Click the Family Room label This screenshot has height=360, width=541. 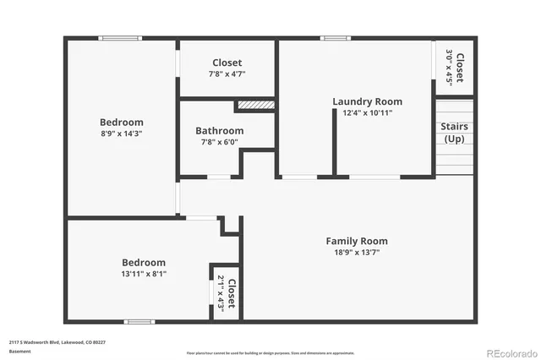pos(357,241)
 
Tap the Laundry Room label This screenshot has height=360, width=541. pos(367,101)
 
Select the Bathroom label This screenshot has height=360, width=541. pos(219,131)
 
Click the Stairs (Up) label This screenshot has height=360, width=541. pos(454,133)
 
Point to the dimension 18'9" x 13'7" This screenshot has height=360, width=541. pos(357,252)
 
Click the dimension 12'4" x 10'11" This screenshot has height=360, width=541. pos(367,112)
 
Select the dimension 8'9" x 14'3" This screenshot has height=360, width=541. pos(121,133)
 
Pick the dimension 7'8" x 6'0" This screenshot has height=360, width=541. pos(219,142)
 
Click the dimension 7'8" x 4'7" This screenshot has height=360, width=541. pos(227,74)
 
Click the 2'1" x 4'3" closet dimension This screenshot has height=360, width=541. pos(221,293)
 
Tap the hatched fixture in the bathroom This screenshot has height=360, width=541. pos(255,105)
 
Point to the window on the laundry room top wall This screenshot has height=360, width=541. pos(335,38)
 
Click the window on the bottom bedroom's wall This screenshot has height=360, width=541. pos(139,321)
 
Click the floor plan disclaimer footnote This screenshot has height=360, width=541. pos(270,352)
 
